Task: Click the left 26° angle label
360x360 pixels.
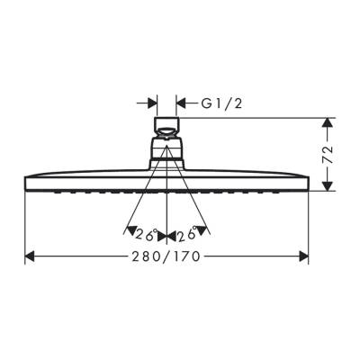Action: (x=145, y=235)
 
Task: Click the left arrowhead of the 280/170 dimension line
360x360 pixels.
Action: (x=30, y=256)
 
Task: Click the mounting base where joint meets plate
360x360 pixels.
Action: (x=166, y=163)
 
